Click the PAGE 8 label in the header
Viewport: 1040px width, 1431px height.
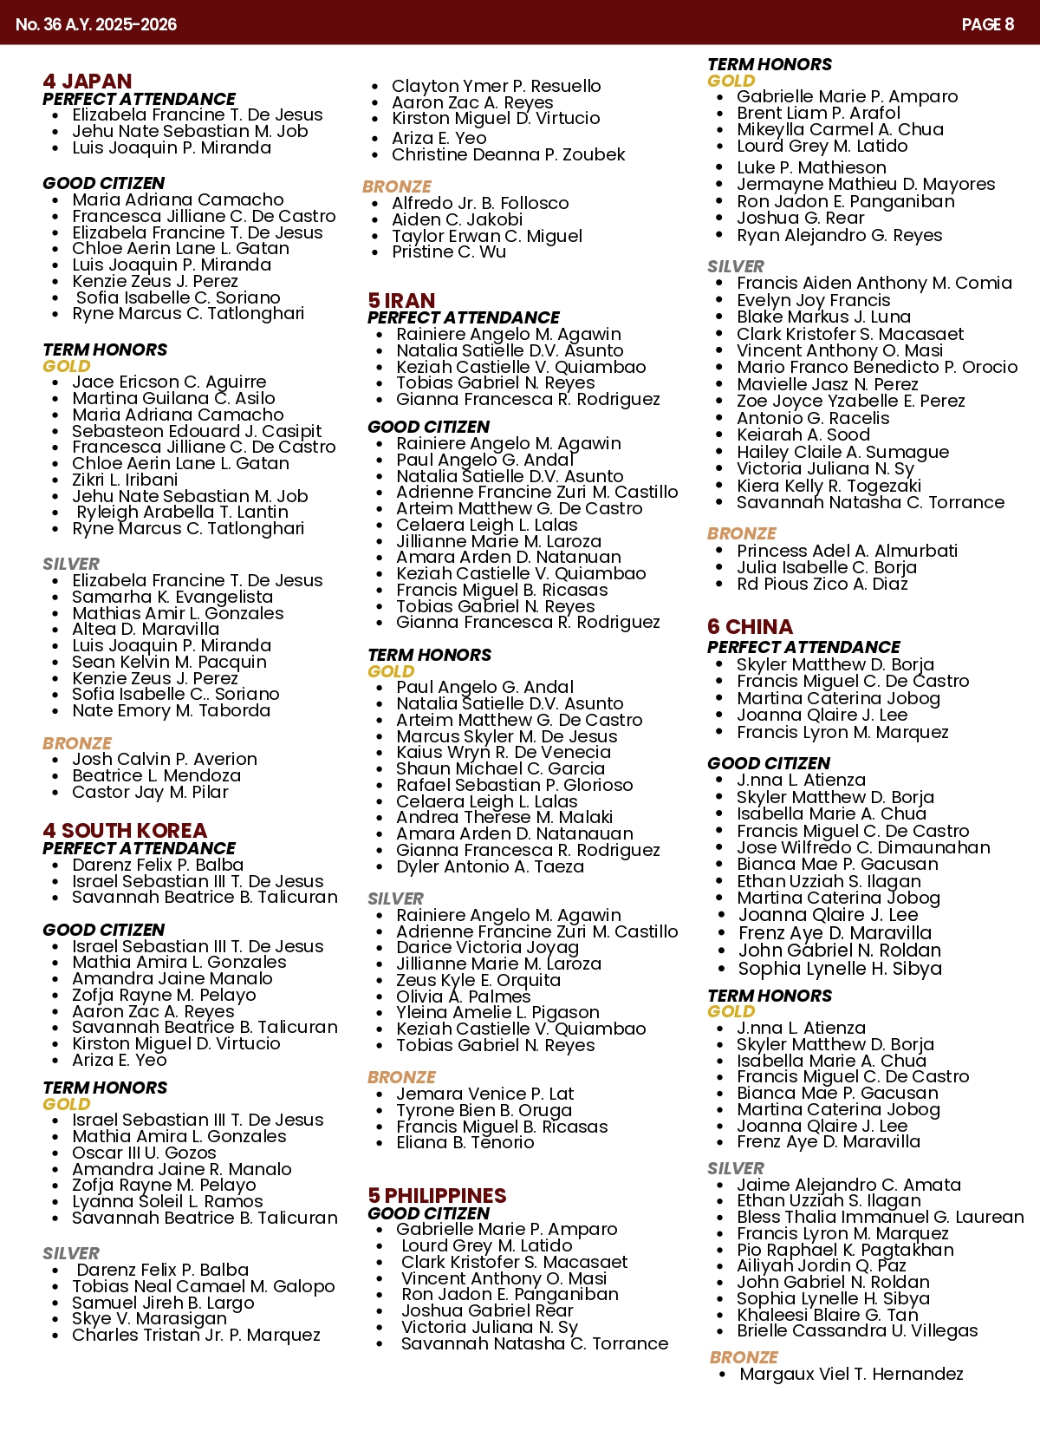(x=987, y=24)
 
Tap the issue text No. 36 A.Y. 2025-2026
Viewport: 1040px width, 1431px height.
(x=96, y=24)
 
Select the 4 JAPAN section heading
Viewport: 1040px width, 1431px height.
(x=88, y=82)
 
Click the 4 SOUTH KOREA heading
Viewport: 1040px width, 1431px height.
(x=125, y=831)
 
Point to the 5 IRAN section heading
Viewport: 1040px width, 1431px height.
(x=401, y=301)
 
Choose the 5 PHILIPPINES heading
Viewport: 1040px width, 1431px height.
(x=437, y=1196)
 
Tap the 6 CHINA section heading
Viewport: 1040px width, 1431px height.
(x=750, y=627)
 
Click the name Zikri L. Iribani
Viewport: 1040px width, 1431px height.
(x=125, y=480)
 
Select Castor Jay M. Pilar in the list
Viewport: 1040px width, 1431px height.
(x=150, y=792)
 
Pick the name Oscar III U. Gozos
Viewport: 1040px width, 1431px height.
(x=144, y=1153)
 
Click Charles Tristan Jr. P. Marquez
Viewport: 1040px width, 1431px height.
(x=196, y=1335)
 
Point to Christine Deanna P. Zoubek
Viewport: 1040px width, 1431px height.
(x=508, y=154)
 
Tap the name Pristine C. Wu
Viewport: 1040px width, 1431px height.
(x=449, y=252)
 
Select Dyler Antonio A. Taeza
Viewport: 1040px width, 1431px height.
(x=490, y=866)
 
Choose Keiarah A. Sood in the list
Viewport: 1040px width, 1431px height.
(x=803, y=435)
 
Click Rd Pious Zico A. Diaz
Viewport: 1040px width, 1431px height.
(x=822, y=584)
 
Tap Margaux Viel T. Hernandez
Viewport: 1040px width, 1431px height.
(x=851, y=1374)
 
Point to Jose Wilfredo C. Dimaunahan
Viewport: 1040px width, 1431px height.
(x=863, y=847)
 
